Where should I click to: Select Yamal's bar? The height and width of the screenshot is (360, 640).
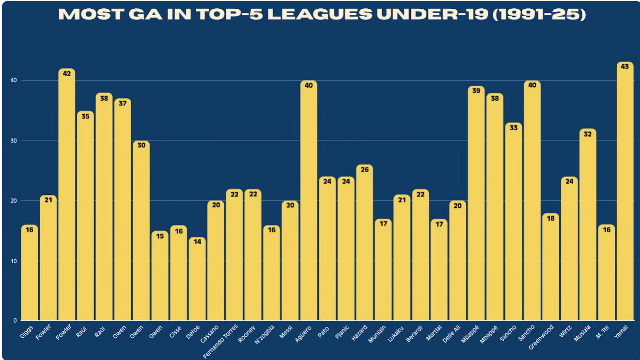pyautogui.click(x=624, y=194)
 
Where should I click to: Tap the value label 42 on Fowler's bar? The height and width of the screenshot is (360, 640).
pyautogui.click(x=67, y=74)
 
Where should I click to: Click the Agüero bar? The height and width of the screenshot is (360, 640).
pyautogui.click(x=309, y=203)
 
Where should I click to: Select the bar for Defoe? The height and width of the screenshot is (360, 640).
pyautogui.click(x=197, y=281)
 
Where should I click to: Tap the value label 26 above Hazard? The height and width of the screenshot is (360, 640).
pyautogui.click(x=364, y=170)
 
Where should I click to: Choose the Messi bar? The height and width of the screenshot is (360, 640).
pyautogui.click(x=290, y=262)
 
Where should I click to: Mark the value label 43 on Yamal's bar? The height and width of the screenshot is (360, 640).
pyautogui.click(x=624, y=67)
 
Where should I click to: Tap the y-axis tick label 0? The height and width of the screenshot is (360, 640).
pyautogui.click(x=15, y=321)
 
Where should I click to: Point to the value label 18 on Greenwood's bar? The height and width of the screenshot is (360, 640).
pyautogui.click(x=550, y=219)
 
